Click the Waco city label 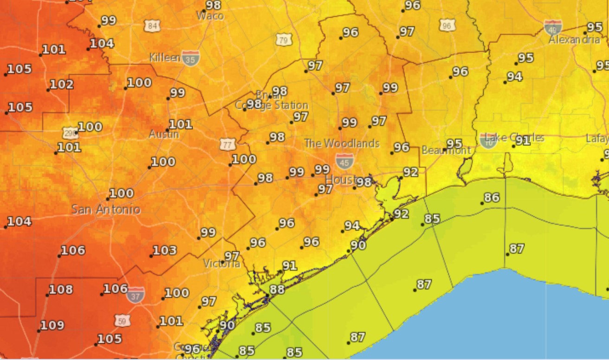210,16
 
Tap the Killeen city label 165,58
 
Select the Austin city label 164,135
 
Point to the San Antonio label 106,209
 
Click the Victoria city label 222,264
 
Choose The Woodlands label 342,144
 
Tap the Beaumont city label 446,151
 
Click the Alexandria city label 574,40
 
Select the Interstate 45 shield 344,161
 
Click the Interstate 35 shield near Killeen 191,58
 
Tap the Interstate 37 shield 136,294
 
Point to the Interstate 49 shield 553,27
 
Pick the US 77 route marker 227,144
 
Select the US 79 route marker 284,39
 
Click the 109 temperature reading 52,326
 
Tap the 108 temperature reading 60,290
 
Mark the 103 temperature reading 164,251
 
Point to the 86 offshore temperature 491,198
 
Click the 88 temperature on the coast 277,289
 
